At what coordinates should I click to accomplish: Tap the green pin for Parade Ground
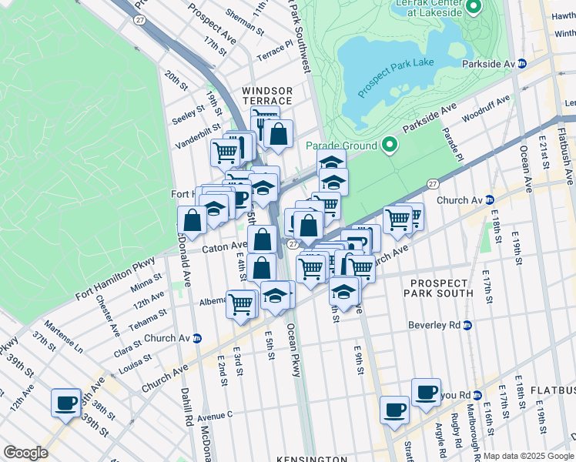click(x=390, y=145)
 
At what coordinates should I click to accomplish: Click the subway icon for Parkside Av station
click(x=521, y=64)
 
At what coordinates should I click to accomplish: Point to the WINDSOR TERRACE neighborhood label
click(x=267, y=95)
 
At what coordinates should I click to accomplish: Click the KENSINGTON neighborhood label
click(x=312, y=458)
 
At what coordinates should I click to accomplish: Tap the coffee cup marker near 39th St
click(x=65, y=401)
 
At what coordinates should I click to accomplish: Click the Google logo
click(x=25, y=453)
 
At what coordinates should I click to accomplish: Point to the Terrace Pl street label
click(x=275, y=52)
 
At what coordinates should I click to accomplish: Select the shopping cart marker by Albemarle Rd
click(x=241, y=303)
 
